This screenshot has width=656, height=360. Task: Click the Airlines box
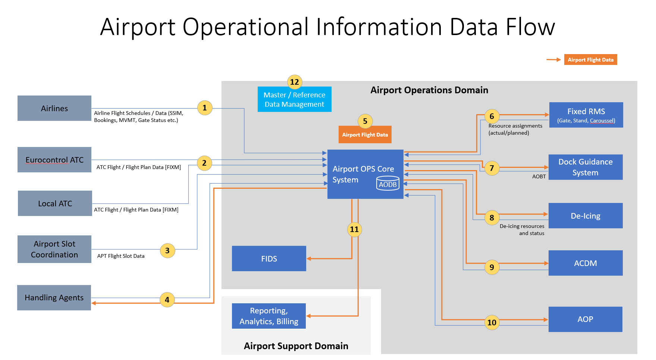click(x=54, y=108)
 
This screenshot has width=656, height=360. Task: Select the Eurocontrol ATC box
click(x=54, y=160)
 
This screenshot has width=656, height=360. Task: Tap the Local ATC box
click(x=55, y=203)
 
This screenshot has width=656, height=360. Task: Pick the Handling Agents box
click(x=54, y=298)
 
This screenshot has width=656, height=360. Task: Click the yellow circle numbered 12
click(x=295, y=82)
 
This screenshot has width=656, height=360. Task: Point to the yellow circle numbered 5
click(x=365, y=121)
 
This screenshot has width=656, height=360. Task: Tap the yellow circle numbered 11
click(x=354, y=229)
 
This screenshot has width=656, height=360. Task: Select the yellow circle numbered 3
click(x=167, y=251)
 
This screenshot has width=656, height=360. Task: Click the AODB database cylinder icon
click(x=388, y=184)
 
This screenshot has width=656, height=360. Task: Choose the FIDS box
click(x=269, y=259)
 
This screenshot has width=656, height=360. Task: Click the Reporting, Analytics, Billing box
click(x=269, y=316)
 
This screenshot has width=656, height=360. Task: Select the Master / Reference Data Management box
click(x=295, y=100)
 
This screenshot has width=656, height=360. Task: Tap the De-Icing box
click(x=586, y=216)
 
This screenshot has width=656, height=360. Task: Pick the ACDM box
click(x=586, y=263)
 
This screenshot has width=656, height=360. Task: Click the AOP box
click(x=585, y=319)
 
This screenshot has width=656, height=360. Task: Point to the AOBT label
click(x=539, y=176)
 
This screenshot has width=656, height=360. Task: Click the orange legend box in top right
click(x=590, y=60)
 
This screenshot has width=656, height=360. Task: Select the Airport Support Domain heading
click(x=296, y=346)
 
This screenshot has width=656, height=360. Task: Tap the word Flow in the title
click(x=530, y=27)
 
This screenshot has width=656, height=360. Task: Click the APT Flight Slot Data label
click(x=121, y=256)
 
